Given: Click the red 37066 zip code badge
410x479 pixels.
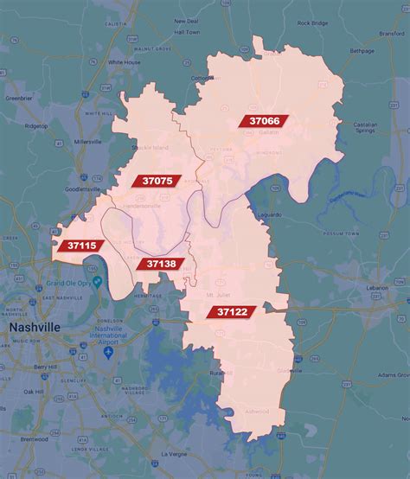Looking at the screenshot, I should coord(264,121).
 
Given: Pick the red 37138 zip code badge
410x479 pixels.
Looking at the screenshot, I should coord(161,264).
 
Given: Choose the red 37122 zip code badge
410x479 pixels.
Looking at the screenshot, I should coord(234,311).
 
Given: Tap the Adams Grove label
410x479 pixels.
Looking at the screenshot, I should coord(389,375).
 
